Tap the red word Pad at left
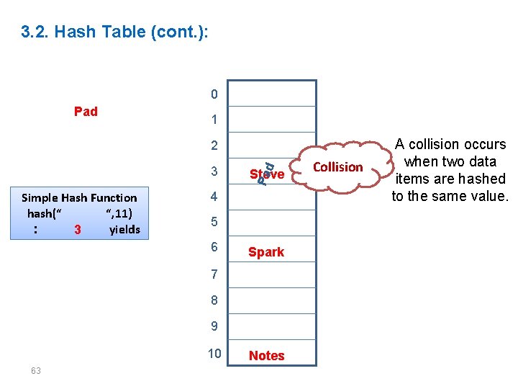coord(86,111)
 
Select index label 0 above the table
coord(214,94)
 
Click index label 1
coord(214,120)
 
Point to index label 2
coord(214,146)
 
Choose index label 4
coord(214,197)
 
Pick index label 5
coord(214,222)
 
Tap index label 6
coord(214,247)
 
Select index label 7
coord(214,274)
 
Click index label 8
coord(214,300)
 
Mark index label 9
coord(214,326)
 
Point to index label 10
coord(214,352)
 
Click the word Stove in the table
coord(267,174)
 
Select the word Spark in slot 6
coord(266,252)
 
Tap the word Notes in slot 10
coord(266,355)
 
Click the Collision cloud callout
coord(338,167)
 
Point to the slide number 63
coord(36,370)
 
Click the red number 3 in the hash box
coord(77,231)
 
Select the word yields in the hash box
coord(124,230)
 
